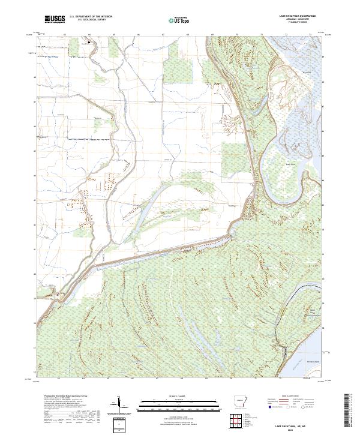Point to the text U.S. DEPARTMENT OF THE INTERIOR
pos(91,17)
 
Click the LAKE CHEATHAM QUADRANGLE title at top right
pos(297,16)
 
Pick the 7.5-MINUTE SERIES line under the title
pos(297,22)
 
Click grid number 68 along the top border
pos(188,35)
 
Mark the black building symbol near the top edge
pos(89,43)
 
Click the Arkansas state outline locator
pos(239,400)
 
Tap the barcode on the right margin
pos(349,413)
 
